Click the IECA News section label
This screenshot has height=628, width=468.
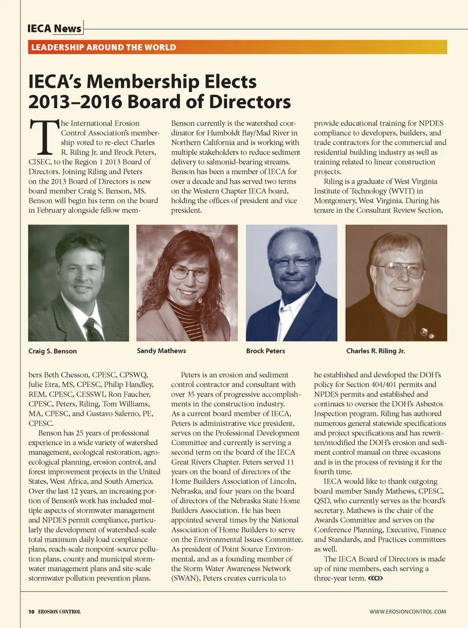pos(54,28)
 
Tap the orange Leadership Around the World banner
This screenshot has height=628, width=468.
pos(237,47)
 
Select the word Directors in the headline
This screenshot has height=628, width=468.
pos(250,102)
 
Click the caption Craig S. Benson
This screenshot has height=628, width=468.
pos(52,351)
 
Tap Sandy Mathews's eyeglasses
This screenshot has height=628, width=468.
pos(190,272)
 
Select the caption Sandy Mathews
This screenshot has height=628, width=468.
pos(161,351)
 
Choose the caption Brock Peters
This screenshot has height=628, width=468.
pos(265,351)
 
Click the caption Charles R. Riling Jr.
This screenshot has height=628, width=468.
pos(375,351)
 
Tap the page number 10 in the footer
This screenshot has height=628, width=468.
pos(31,611)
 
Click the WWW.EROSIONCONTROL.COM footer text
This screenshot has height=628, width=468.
pos(408,611)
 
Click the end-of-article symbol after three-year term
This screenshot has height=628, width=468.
pos(375,578)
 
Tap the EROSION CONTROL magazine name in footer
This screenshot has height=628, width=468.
pos(59,611)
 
